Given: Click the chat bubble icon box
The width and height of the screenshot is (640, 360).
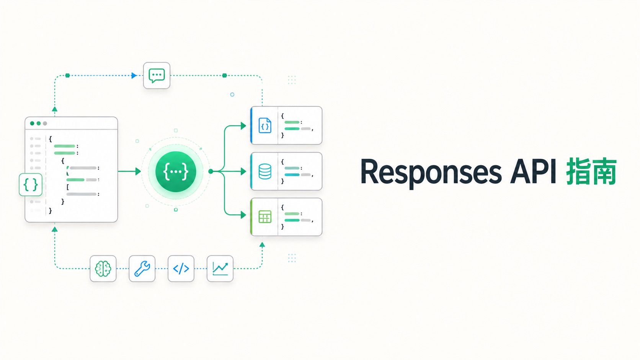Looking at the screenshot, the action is pyautogui.click(x=157, y=75).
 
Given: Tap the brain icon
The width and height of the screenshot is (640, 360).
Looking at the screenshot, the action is pyautogui.click(x=103, y=269).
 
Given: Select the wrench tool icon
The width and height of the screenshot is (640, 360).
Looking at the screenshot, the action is pyautogui.click(x=142, y=269).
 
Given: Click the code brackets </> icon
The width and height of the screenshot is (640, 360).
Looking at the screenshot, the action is pyautogui.click(x=181, y=269).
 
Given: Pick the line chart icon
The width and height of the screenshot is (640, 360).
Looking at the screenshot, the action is pyautogui.click(x=220, y=269).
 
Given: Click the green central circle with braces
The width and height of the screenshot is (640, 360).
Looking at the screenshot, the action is pyautogui.click(x=176, y=171).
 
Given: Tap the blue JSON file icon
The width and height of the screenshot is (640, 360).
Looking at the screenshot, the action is pyautogui.click(x=265, y=125).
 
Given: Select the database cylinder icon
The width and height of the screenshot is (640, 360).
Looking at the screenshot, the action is pyautogui.click(x=265, y=171).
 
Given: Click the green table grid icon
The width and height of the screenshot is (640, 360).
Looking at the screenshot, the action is pyautogui.click(x=265, y=217).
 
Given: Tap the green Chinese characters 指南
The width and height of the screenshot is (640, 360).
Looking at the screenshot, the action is pyautogui.click(x=591, y=171).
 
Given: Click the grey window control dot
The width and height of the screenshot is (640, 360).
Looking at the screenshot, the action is pyautogui.click(x=45, y=123).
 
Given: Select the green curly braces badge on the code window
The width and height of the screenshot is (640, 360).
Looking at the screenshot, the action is pyautogui.click(x=31, y=185).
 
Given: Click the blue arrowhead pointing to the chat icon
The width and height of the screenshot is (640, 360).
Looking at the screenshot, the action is pyautogui.click(x=134, y=76).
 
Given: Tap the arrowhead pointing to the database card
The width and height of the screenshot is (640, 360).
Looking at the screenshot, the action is pyautogui.click(x=243, y=171).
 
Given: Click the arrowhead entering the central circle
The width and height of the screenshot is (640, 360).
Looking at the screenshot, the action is pyautogui.click(x=138, y=171).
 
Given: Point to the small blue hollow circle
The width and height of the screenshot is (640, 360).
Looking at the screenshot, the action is pyautogui.click(x=232, y=94).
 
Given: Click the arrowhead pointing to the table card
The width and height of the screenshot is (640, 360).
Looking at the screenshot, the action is pyautogui.click(x=243, y=215).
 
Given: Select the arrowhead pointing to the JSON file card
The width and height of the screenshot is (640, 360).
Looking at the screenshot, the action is pyautogui.click(x=243, y=125).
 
